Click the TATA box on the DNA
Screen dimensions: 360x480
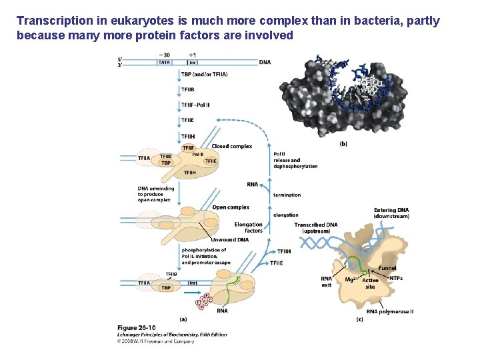tap(163, 63)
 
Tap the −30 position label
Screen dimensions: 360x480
tap(164, 55)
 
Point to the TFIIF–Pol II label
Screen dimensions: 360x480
tap(195, 105)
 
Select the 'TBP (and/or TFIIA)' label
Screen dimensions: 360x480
tap(204, 75)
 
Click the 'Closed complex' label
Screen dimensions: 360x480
tap(231, 146)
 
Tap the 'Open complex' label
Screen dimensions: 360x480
tap(231, 207)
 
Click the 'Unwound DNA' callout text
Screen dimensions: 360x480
tap(229, 239)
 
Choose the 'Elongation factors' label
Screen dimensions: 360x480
tap(249, 227)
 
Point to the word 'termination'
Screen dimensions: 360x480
tap(287, 195)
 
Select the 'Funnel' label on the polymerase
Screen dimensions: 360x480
tap(387, 268)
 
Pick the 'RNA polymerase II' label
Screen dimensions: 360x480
tap(390, 311)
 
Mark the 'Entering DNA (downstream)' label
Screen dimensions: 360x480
tap(391, 213)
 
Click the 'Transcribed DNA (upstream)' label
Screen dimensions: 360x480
tap(316, 228)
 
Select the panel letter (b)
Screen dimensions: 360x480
tap(343, 143)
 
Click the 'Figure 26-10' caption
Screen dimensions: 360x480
tap(137, 327)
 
